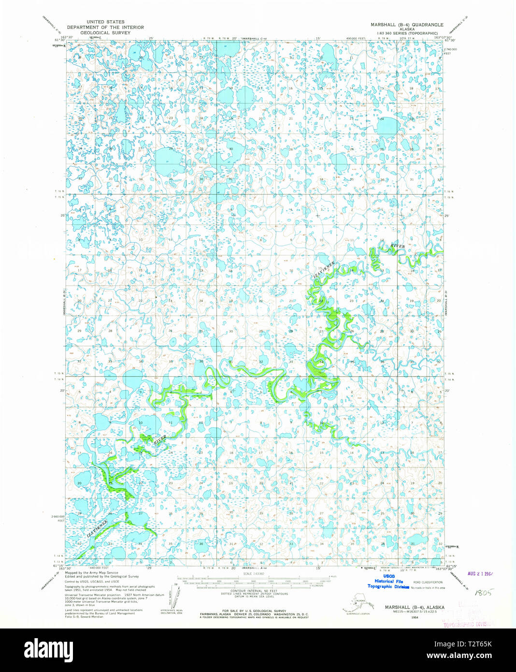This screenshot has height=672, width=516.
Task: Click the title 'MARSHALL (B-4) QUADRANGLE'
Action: pyautogui.click(x=407, y=24)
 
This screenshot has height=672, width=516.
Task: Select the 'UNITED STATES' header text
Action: pyautogui.click(x=105, y=22)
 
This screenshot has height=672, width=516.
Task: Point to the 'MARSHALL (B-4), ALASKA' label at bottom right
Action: pyautogui.click(x=415, y=607)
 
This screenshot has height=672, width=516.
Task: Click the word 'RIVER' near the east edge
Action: pyautogui.click(x=397, y=246)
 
